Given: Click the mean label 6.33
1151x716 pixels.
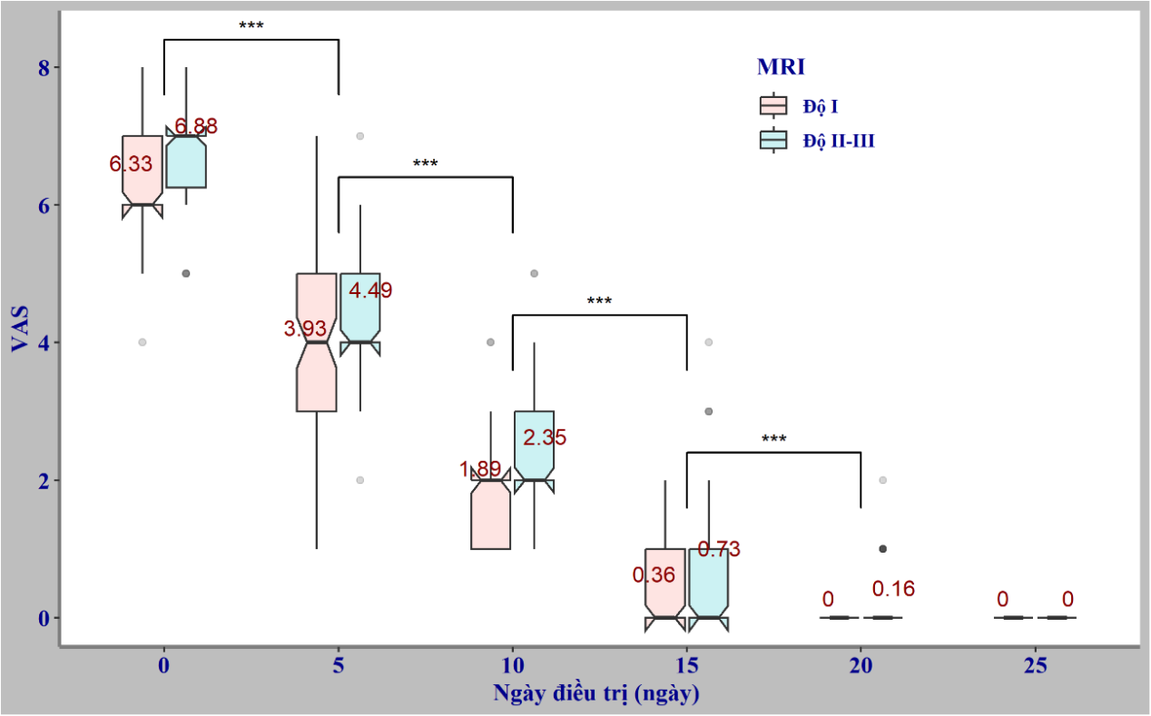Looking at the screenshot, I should coord(132,164).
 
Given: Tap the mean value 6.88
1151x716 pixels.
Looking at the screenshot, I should coord(196,127).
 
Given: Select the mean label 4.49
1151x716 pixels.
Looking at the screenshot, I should coord(370,290).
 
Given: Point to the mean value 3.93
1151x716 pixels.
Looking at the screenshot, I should coord(305,329).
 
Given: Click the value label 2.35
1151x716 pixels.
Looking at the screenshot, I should coord(545,437).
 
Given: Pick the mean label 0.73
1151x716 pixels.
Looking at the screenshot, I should coord(719,549).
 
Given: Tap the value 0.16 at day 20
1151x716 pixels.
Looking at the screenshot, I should coord(893,589).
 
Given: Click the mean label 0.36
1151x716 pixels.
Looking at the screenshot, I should coord(654,575).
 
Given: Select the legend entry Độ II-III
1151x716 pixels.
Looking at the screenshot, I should coord(838,141).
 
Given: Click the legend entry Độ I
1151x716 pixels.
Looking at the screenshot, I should coord(820,107).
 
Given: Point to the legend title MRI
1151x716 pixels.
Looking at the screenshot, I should coord(782,66).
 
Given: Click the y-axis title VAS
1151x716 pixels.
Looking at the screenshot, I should coord(20,329).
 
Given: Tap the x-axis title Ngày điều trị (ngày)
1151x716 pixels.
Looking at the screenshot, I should coord(596,694).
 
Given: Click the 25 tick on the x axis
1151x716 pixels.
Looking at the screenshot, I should coord(1036,665).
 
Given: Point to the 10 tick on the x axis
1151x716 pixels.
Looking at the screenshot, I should coord(513,665).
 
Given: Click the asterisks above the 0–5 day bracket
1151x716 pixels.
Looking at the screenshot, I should coord(251,26).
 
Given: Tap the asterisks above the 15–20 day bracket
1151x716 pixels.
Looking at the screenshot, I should coord(774,440).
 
